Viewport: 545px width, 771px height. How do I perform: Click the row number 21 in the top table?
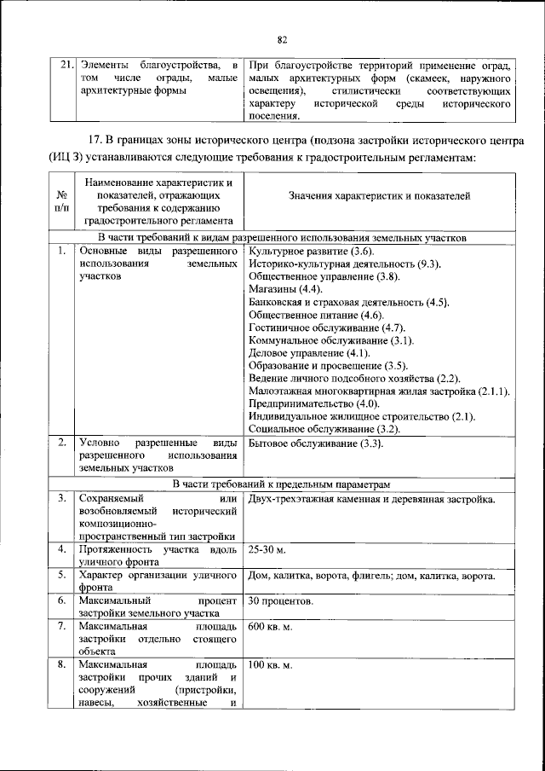pos(62,66)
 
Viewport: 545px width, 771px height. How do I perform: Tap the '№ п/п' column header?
pos(62,201)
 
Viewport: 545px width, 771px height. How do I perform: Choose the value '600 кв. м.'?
pos(271,628)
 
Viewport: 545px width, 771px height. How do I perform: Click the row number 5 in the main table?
pos(62,577)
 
